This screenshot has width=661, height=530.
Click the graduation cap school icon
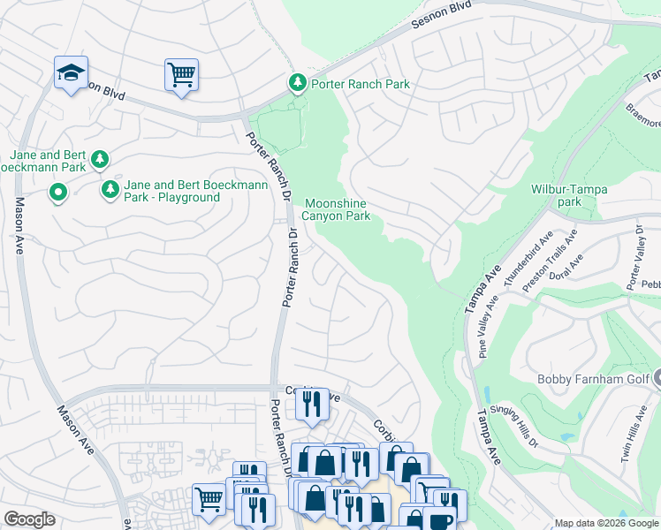tap(71, 72)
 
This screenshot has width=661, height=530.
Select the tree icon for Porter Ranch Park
tap(298, 83)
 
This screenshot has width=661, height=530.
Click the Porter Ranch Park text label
tap(359, 84)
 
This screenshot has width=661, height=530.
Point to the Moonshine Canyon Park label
tap(336, 209)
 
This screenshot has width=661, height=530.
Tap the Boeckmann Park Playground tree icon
tap(110, 188)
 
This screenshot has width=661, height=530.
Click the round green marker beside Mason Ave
tap(58, 191)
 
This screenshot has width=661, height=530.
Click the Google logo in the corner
tap(29, 519)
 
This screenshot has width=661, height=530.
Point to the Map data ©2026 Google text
tap(606, 523)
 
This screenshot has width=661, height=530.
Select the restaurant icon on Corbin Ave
tap(311, 404)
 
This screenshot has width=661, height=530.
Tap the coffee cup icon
tap(437, 520)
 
